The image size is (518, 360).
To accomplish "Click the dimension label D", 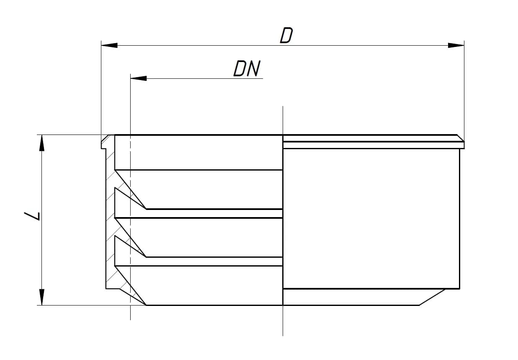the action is pyautogui.click(x=286, y=35).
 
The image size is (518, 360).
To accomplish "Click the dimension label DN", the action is pyautogui.click(x=247, y=68).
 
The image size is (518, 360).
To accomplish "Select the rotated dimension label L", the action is pyautogui.click(x=32, y=216).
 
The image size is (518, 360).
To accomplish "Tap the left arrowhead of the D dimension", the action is pyautogui.click(x=109, y=45).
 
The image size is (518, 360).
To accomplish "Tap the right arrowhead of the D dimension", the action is pyautogui.click(x=456, y=45).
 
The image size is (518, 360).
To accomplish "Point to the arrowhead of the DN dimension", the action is pyautogui.click(x=139, y=78).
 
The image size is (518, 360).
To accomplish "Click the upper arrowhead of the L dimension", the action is pyautogui.click(x=41, y=143).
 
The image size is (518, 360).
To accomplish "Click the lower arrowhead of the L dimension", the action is pyautogui.click(x=41, y=297).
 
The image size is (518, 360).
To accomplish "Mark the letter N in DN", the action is pyautogui.click(x=254, y=68).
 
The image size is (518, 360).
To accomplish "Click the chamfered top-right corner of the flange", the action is pyautogui.click(x=461, y=138).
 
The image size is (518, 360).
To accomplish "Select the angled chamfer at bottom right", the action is pyautogui.click(x=432, y=297).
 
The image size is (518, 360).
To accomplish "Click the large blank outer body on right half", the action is pyautogui.click(x=371, y=219).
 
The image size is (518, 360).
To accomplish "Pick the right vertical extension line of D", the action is pyautogui.click(x=464, y=91).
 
